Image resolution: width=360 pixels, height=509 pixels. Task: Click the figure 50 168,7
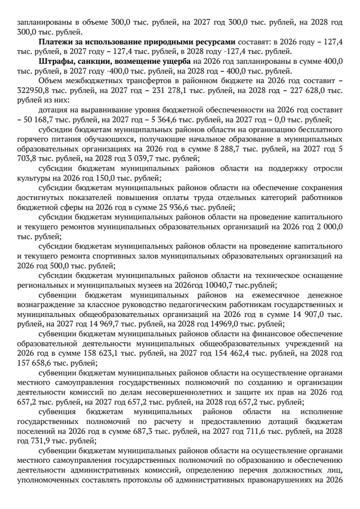tap(39, 119)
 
